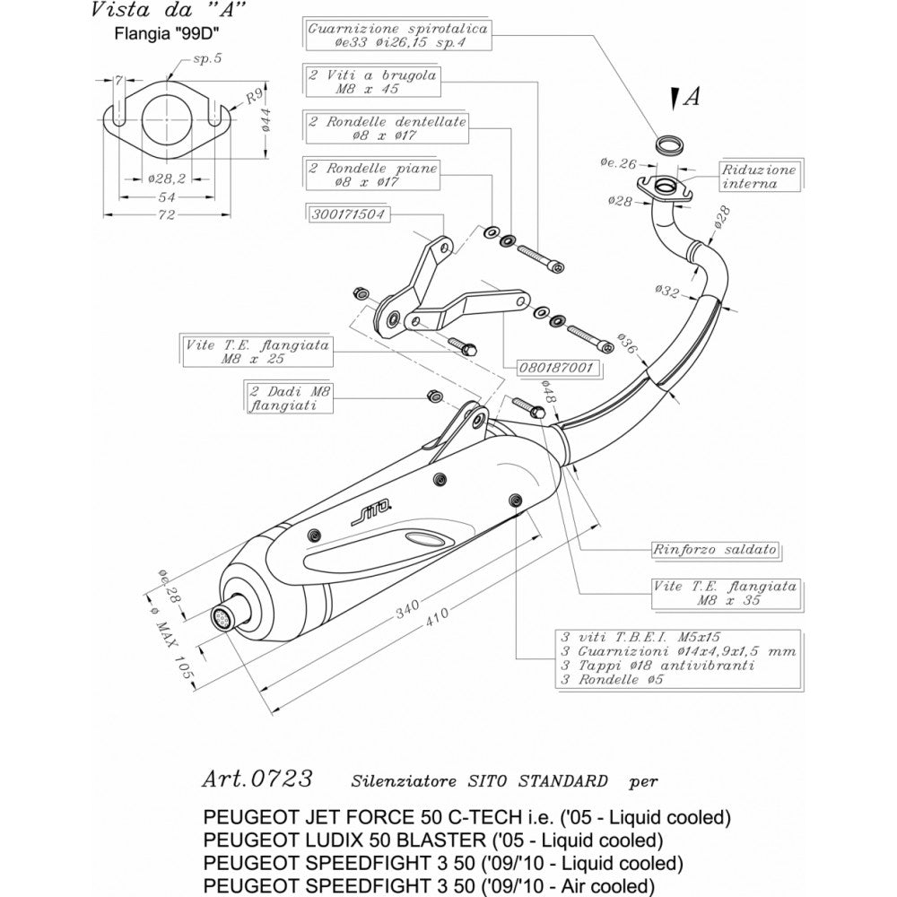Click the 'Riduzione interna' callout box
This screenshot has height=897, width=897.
[x=759, y=176]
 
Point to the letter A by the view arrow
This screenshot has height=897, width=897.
[x=691, y=98]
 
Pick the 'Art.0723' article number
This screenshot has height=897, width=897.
[x=257, y=778]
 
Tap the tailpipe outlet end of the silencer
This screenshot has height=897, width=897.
[x=221, y=617]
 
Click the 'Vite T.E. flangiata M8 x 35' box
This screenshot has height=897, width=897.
[x=724, y=593]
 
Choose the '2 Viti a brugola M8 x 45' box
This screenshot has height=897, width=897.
[x=372, y=83]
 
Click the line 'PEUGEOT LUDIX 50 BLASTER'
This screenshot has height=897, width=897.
[x=433, y=840]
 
